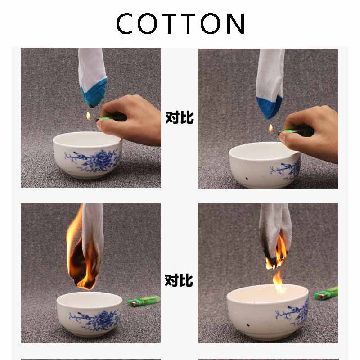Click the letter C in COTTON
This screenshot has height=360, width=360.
coord(124,23)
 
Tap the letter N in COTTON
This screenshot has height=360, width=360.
coord(235,23)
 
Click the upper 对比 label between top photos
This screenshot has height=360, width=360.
coord(180,117)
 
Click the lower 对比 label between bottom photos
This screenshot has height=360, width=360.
coord(179,280)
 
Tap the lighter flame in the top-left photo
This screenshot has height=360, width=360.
coord(89,116)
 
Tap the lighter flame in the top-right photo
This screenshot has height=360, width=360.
coord(271,128)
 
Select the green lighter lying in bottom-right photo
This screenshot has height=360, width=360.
coord(326,293)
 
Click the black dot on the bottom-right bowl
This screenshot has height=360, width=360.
coord(248,325)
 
